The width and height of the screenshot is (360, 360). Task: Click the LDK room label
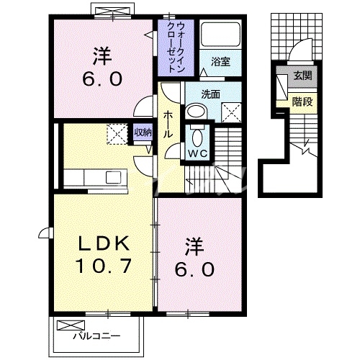point(102,243)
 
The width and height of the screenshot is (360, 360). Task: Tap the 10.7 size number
point(102,268)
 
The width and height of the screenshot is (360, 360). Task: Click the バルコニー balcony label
point(96,336)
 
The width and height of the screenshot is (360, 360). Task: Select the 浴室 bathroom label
point(220,62)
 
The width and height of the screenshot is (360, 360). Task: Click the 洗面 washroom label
point(211,94)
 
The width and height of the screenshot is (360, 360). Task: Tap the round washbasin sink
point(195,112)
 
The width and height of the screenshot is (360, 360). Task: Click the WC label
point(198,153)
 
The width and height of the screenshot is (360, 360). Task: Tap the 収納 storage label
point(143,132)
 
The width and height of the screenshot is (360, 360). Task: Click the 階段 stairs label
point(302,102)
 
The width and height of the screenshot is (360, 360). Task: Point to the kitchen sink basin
point(113,177)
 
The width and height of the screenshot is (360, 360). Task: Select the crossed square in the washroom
point(232,112)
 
